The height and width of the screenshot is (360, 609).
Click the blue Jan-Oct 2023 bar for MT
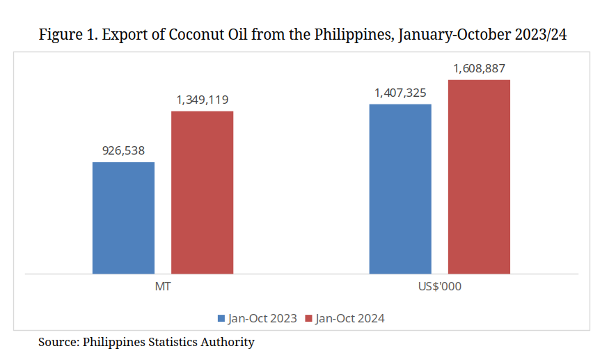(x=123, y=218)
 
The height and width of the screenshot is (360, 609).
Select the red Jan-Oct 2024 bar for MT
(x=202, y=192)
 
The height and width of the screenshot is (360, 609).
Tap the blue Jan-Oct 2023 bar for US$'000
(x=400, y=189)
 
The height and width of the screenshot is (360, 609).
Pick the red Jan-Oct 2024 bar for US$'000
(x=479, y=177)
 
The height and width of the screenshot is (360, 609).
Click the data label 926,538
(x=123, y=150)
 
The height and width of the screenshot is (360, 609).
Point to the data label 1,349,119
(x=202, y=100)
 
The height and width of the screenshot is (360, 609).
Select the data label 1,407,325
(x=400, y=93)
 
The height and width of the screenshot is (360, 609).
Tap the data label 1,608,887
(x=479, y=68)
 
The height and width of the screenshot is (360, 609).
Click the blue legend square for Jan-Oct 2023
(x=221, y=318)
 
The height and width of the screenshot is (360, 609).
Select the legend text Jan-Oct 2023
(x=262, y=318)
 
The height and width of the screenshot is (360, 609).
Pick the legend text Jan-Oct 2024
(x=349, y=318)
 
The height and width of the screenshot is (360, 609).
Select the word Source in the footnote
(x=57, y=342)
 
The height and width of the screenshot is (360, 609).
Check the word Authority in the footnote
(x=228, y=342)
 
